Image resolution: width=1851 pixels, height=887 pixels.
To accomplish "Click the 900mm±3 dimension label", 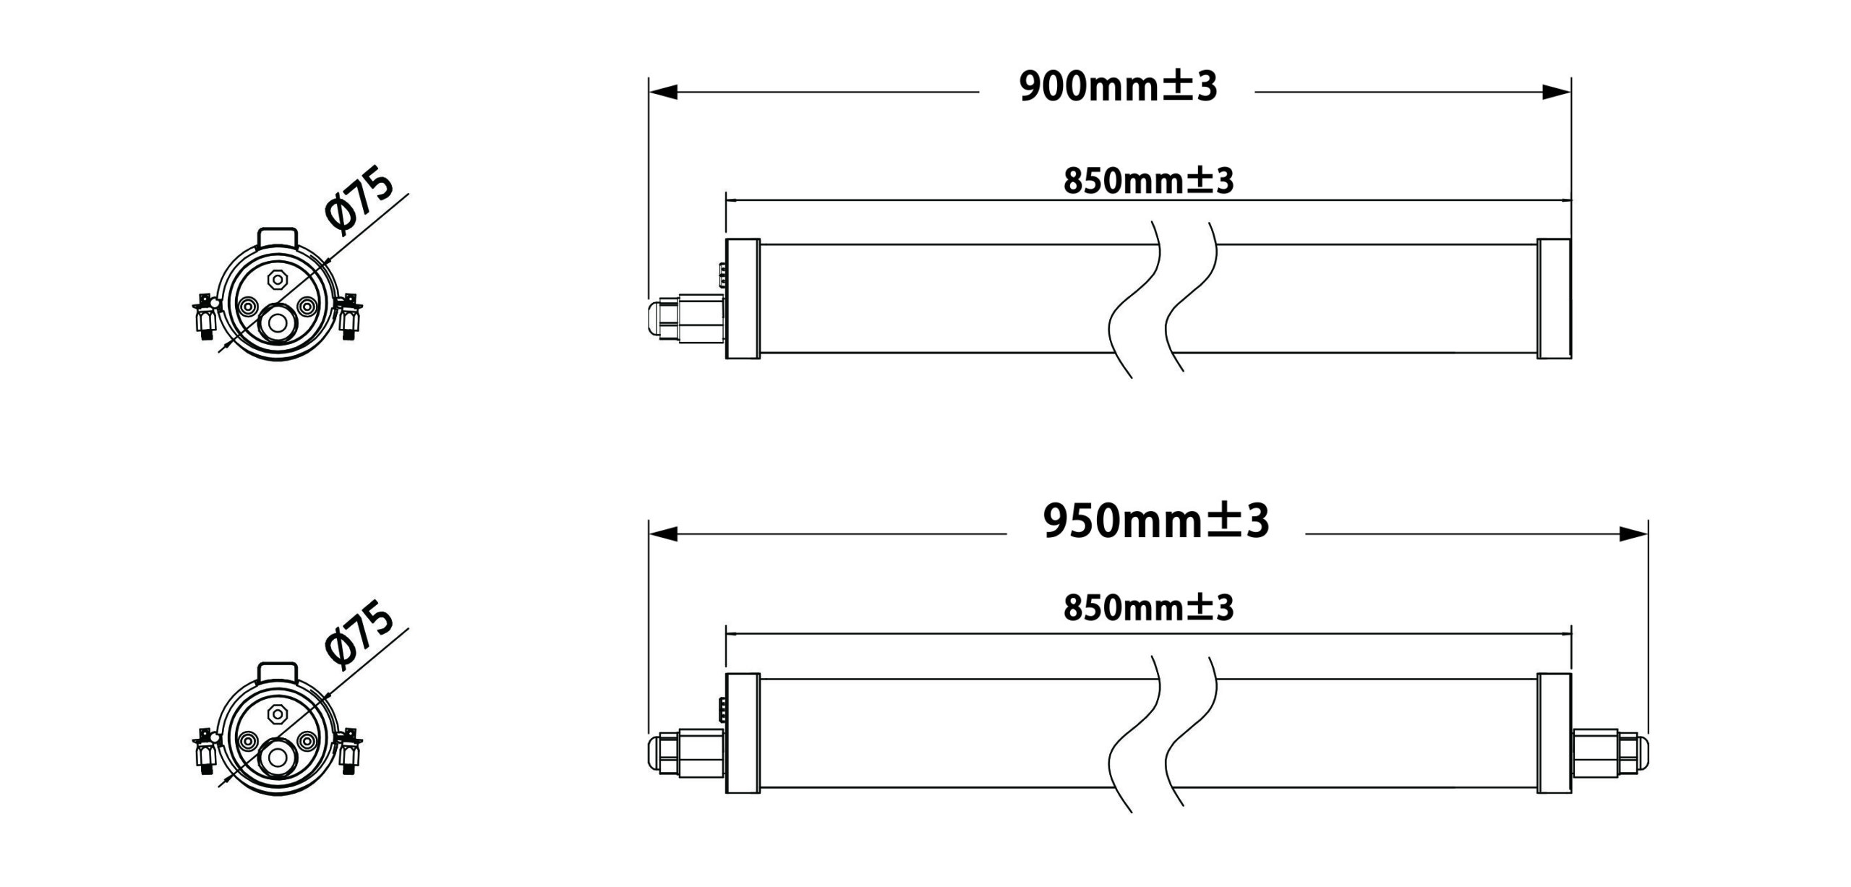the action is click(x=1118, y=87).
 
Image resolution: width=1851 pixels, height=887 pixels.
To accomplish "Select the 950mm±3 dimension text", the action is click(x=1155, y=520).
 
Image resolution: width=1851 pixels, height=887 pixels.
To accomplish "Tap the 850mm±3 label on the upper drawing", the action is click(x=1148, y=181).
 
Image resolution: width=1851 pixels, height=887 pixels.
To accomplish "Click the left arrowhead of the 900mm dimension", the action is click(x=663, y=93).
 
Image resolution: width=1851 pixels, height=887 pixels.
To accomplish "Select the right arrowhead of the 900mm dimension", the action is click(x=1557, y=93).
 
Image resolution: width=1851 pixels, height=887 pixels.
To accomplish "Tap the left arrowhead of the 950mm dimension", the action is click(x=663, y=534).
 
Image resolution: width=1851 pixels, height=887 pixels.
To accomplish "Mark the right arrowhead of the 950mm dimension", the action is click(x=1633, y=534).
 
